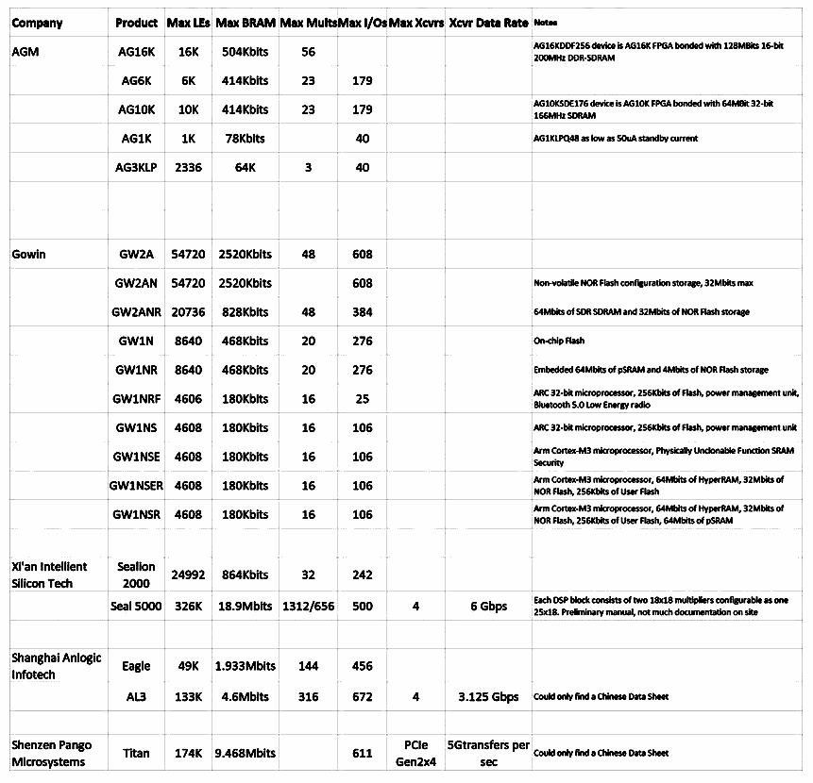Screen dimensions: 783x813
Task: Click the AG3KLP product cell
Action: [137, 168]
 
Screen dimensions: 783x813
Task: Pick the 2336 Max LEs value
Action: [188, 168]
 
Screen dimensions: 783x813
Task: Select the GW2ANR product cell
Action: [137, 312]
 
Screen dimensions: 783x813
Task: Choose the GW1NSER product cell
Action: [137, 486]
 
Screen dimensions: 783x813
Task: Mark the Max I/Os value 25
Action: [362, 399]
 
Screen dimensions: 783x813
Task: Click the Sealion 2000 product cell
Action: [136, 574]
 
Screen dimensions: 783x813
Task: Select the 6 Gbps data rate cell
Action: [488, 607]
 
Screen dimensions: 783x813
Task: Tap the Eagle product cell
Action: [136, 666]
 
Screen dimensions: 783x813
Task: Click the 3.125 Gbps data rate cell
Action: [488, 697]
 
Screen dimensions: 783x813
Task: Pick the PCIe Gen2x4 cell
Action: [415, 753]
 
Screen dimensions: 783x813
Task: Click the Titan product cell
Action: [136, 754]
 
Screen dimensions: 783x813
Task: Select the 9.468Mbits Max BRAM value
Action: [246, 754]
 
